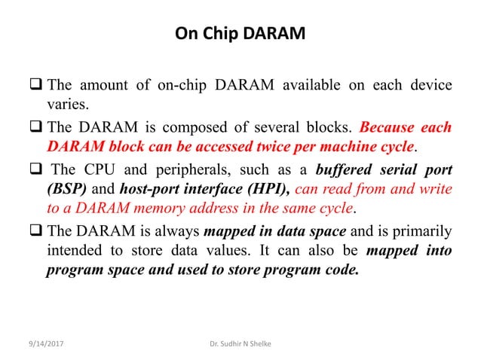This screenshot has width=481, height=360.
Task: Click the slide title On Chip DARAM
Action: [x=240, y=34]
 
